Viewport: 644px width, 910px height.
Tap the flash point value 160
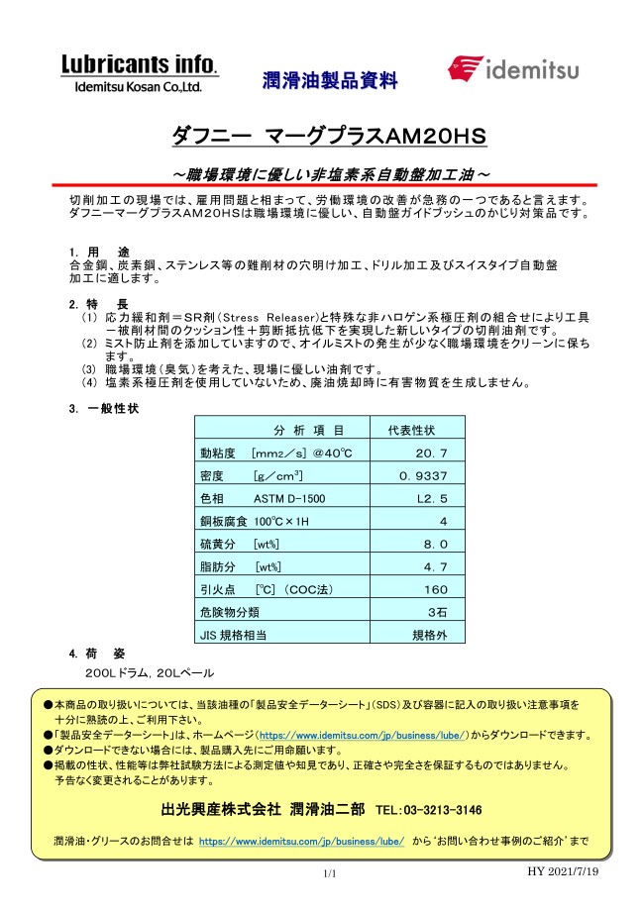point(437,588)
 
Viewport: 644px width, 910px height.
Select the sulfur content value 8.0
point(436,544)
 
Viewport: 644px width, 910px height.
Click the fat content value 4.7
point(436,566)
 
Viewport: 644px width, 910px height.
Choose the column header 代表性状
point(409,430)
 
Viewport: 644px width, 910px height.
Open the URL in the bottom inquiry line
point(301,841)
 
